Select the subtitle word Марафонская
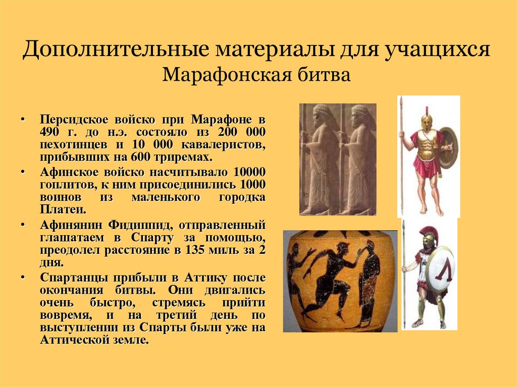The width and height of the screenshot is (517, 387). (x=216, y=76)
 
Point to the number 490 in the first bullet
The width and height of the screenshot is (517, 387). (x=50, y=132)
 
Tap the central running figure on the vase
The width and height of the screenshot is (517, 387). (x=331, y=278)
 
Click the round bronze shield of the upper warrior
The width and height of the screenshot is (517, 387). (x=447, y=147)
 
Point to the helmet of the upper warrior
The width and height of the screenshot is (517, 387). (x=427, y=122)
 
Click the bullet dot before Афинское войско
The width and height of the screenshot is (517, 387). (x=23, y=172)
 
